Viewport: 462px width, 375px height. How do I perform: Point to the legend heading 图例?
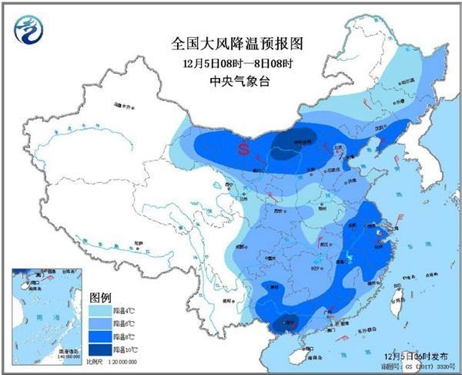click(102, 297)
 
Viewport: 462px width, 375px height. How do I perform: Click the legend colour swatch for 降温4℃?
click(102, 310)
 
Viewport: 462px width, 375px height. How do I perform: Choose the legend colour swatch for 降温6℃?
click(102, 324)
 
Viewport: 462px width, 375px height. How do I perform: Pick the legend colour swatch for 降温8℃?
click(102, 337)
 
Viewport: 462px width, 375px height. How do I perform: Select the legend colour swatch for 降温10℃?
click(102, 350)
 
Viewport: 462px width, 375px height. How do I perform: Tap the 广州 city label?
click(330, 309)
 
